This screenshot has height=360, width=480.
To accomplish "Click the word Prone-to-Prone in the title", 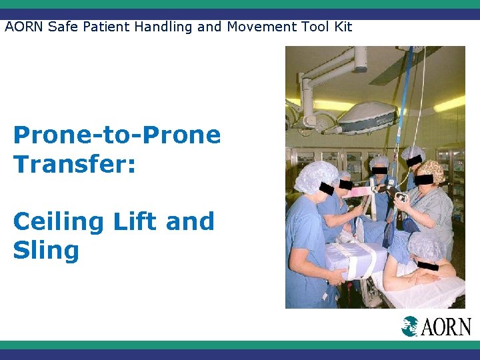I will (117, 135).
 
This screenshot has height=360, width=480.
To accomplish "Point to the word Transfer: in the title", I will (75, 164).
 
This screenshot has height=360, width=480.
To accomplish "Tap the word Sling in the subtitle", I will (46, 251).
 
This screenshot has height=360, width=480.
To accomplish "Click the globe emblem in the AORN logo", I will (410, 326).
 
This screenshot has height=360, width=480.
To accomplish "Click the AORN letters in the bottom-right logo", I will (447, 327).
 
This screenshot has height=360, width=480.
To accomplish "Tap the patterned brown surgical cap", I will (431, 171).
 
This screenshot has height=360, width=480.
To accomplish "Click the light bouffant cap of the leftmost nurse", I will (316, 176).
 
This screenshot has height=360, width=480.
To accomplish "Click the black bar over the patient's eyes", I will (427, 267).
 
